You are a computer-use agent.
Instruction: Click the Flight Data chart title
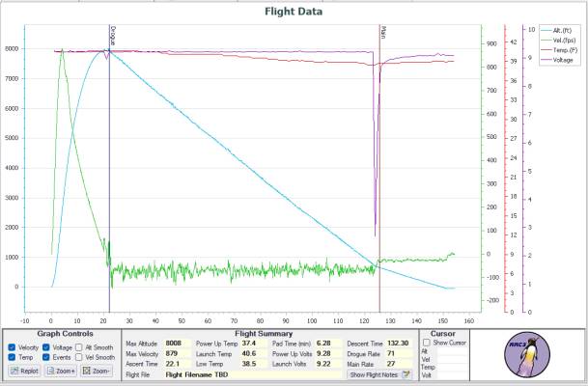coord(294,13)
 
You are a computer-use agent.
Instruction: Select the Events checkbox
coord(46,357)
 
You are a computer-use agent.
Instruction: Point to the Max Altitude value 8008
coord(174,343)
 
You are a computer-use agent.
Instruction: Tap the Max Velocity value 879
coord(173,353)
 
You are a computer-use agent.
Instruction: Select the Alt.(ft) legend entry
coord(561,31)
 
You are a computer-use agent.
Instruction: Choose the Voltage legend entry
coord(562,60)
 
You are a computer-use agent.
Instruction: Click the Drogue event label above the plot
coord(113,36)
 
